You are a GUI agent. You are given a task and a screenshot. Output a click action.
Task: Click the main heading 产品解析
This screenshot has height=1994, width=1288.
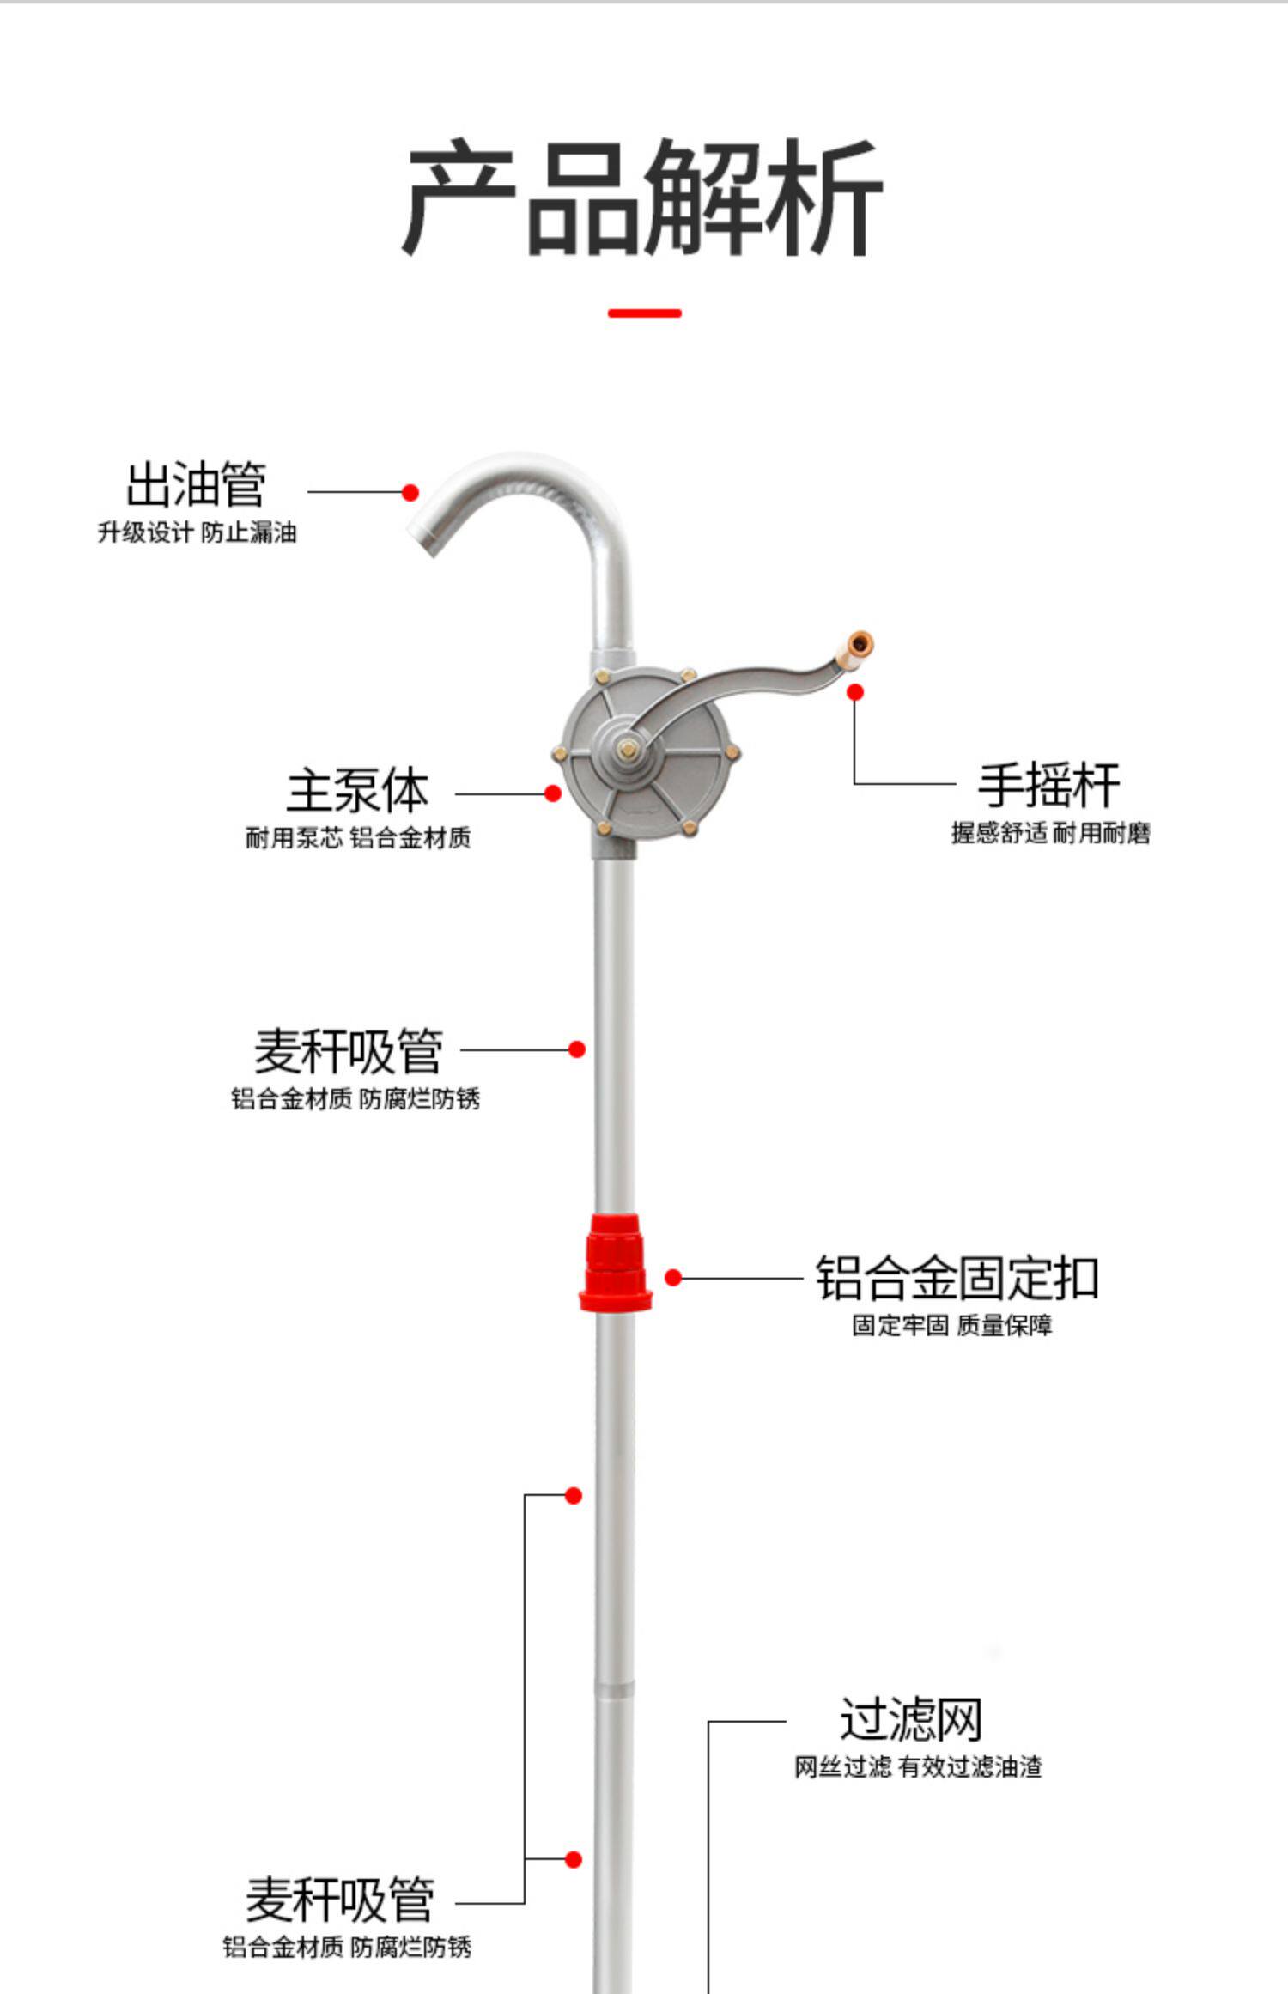pos(643,199)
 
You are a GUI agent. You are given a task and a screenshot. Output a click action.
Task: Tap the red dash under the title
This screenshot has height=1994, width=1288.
pos(644,313)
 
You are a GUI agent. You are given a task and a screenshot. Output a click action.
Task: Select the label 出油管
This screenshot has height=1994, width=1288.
pos(196,484)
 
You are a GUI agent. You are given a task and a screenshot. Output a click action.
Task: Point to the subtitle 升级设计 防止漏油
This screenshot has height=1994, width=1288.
pos(197,532)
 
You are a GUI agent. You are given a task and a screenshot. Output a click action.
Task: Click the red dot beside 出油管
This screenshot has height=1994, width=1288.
pos(410,493)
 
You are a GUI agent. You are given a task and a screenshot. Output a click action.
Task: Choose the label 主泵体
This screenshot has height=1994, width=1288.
pos(357,791)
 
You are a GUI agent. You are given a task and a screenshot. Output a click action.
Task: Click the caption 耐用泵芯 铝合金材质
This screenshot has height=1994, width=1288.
pos(358,838)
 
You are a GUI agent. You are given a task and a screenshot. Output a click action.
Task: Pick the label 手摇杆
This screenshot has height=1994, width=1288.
pos(1048,784)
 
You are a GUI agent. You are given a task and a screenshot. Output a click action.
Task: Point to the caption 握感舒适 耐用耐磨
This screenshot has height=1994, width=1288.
pos(1050,833)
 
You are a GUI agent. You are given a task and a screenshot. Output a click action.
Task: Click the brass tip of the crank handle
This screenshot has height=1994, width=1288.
pos(858,644)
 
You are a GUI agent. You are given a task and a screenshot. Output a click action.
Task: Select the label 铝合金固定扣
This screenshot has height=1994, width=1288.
pos(957,1279)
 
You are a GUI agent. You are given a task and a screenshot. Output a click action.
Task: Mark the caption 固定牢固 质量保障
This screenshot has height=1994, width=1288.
pos(951,1326)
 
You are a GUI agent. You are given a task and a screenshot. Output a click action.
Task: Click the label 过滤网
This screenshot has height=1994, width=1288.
pos(910,1718)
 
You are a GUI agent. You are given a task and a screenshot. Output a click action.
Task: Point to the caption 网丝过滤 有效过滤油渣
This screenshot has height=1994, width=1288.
pos(917,1766)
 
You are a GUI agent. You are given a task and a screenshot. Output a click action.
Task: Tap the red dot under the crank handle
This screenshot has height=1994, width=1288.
pos(855,692)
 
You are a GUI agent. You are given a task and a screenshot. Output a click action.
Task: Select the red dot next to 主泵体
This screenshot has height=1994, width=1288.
pos(553,793)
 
